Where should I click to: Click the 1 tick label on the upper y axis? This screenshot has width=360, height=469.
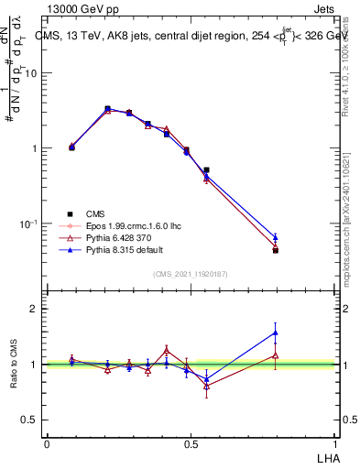click(37, 148)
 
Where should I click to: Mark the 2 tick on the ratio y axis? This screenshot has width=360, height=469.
click(37, 309)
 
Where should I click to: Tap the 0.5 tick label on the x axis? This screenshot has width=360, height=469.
click(190, 444)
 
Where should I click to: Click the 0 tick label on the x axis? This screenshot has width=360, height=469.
click(47, 444)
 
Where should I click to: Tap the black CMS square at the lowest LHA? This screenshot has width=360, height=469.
click(72, 147)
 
